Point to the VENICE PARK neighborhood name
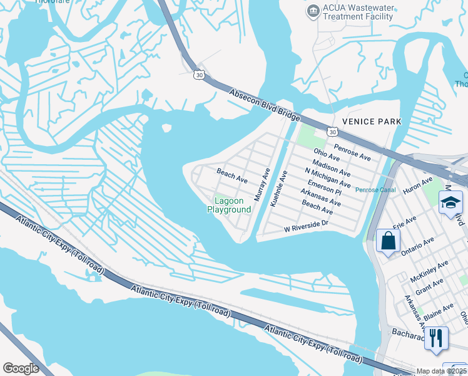click(372, 121)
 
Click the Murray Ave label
click(262, 184)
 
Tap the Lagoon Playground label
click(229, 205)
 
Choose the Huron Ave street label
click(419, 185)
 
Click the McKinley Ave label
click(429, 274)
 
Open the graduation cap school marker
click(450, 202)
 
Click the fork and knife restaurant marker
click(436, 338)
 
